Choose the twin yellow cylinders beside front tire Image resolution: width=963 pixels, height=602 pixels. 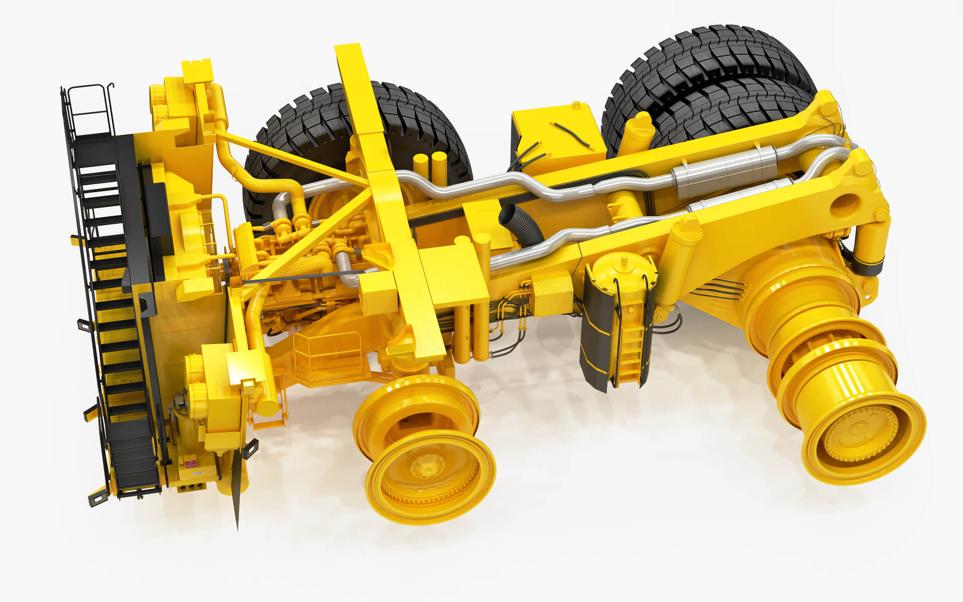(431, 166)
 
